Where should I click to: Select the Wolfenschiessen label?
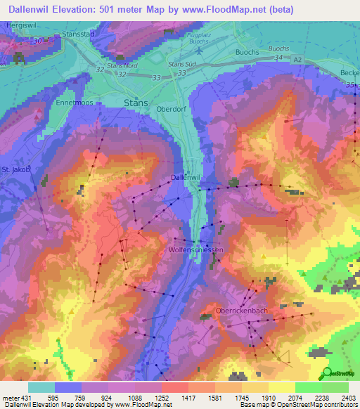tap(195, 250)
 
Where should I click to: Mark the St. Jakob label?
tap(15, 169)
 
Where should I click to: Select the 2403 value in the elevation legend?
tap(347, 397)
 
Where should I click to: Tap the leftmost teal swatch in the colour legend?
tap(41, 387)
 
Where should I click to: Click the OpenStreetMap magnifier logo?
tap(326, 373)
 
